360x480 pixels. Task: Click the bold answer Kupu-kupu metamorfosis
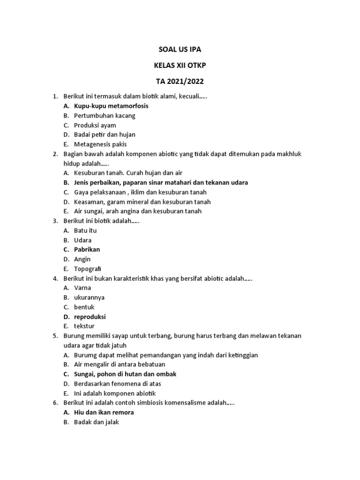[111, 106]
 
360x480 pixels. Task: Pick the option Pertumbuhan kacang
[105, 116]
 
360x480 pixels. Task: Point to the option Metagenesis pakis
[100, 144]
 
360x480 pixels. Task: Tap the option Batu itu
[85, 231]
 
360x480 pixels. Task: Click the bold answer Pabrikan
[87, 249]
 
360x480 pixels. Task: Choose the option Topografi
[88, 269]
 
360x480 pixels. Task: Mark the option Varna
[82, 288]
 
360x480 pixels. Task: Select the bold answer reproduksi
[90, 316]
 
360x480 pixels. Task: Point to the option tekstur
[84, 326]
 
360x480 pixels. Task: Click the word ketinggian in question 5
[241, 355]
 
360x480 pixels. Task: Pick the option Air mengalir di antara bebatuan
[120, 364]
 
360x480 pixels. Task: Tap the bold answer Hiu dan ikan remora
[104, 412]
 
